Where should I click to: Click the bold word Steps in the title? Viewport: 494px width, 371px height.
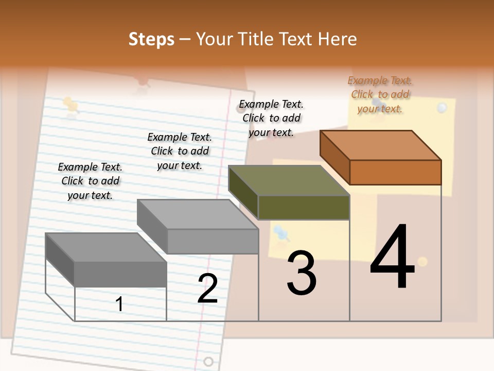click(x=151, y=39)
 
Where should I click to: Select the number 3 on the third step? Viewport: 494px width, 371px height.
click(x=302, y=273)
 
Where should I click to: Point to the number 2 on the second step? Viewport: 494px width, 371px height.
click(x=207, y=289)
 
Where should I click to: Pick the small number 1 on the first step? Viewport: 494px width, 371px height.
click(x=119, y=305)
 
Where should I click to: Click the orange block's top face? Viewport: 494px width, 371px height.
click(x=381, y=145)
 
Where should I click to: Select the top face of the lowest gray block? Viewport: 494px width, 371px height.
click(x=106, y=247)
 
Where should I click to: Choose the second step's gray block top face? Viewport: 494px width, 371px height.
click(x=198, y=214)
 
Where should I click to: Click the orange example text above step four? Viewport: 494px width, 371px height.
click(x=380, y=94)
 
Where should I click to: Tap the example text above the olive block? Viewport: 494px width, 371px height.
click(x=271, y=118)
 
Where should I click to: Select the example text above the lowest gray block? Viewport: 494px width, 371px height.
click(x=90, y=181)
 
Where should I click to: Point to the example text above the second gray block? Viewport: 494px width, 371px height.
click(x=180, y=151)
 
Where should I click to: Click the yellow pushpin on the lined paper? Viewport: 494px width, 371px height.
click(x=70, y=105)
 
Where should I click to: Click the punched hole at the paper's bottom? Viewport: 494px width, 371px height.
click(x=208, y=361)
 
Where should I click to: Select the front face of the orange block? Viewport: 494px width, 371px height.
click(x=395, y=172)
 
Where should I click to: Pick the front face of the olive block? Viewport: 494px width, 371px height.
click(x=304, y=207)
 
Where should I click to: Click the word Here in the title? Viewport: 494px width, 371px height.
click(x=338, y=39)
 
